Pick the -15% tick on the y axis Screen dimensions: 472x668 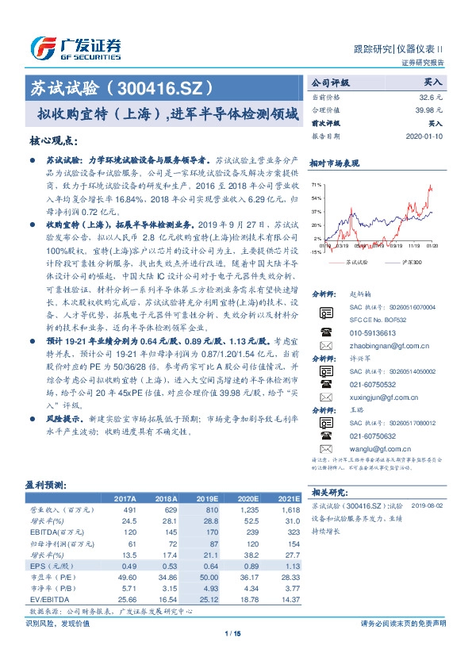[317, 252]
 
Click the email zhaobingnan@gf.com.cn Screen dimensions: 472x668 [384, 346]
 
